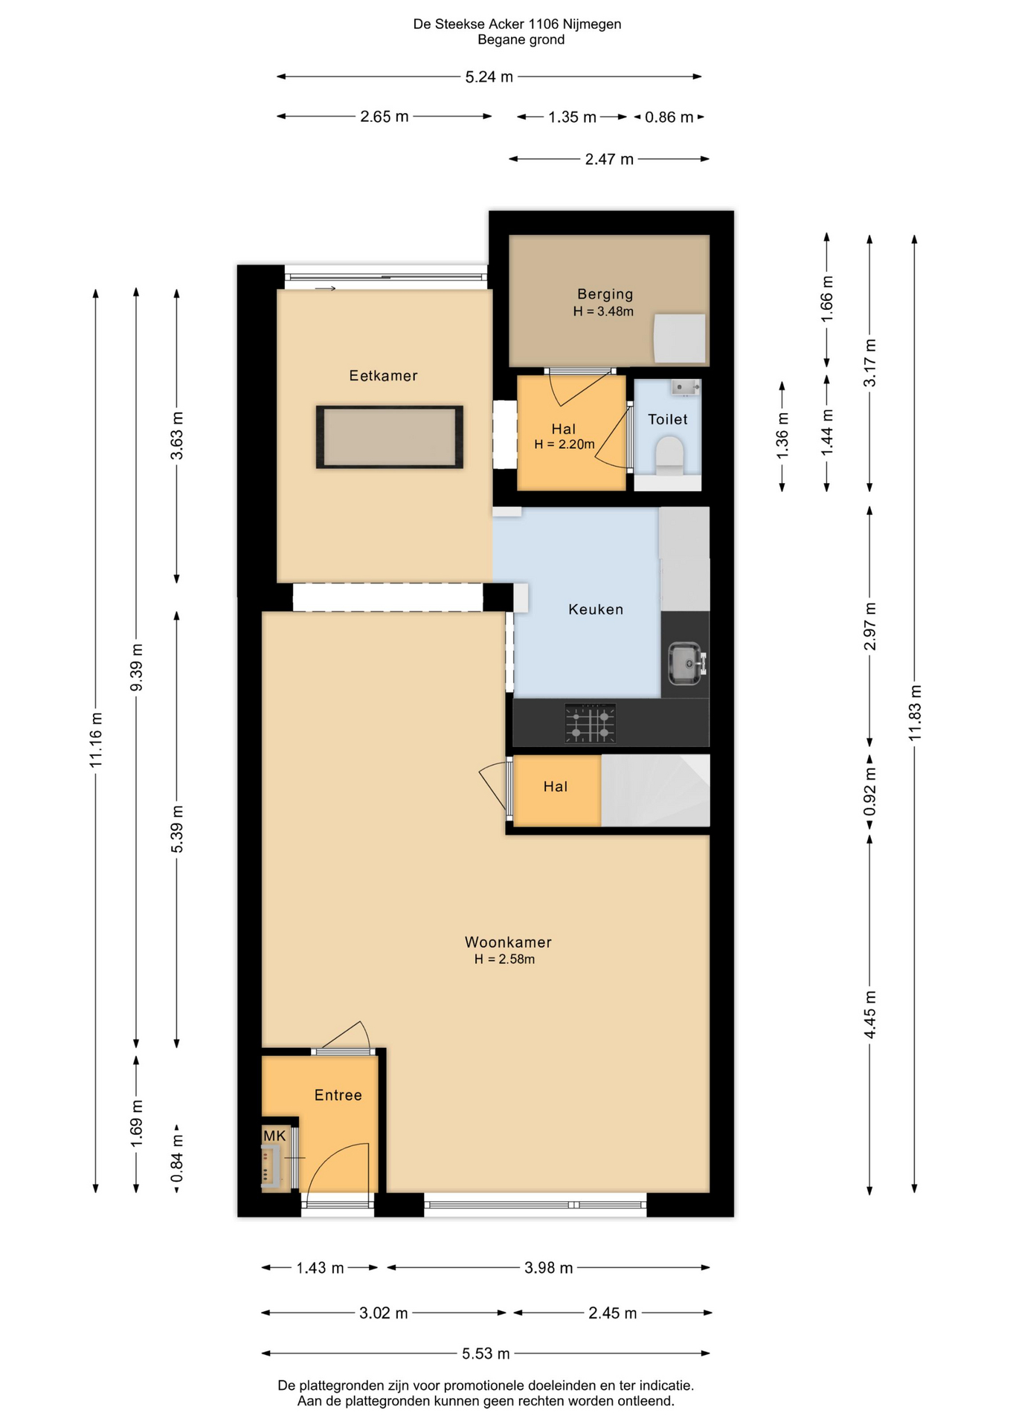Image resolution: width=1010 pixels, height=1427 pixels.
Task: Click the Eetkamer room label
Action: click(383, 376)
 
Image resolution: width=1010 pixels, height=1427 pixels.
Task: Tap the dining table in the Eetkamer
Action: click(390, 437)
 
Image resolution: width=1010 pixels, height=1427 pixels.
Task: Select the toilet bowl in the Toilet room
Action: click(669, 455)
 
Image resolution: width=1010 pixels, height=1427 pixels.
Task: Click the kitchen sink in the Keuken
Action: click(685, 662)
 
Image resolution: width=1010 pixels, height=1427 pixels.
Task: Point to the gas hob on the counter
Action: click(590, 723)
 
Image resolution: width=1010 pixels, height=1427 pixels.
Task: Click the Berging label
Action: click(605, 294)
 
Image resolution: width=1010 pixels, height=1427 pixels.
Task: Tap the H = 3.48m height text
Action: click(603, 312)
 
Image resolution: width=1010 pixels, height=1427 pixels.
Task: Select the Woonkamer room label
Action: click(508, 942)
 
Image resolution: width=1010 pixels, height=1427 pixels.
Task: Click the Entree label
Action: click(338, 1095)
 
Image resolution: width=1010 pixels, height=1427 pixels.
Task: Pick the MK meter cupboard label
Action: click(274, 1136)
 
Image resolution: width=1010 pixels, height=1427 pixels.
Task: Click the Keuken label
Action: click(596, 609)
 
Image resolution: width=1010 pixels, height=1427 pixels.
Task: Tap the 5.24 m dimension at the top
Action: click(489, 77)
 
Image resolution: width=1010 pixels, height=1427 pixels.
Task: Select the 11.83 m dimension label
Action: click(915, 712)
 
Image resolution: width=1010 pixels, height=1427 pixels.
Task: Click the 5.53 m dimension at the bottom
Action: click(486, 1353)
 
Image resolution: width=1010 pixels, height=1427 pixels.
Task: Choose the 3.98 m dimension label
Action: click(549, 1268)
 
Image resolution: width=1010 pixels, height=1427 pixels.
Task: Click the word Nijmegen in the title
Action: click(592, 25)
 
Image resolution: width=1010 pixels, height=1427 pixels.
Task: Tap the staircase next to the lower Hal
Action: click(655, 791)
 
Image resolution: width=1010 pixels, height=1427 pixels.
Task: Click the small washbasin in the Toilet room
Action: click(685, 387)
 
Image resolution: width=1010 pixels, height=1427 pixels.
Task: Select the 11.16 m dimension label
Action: click(96, 740)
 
